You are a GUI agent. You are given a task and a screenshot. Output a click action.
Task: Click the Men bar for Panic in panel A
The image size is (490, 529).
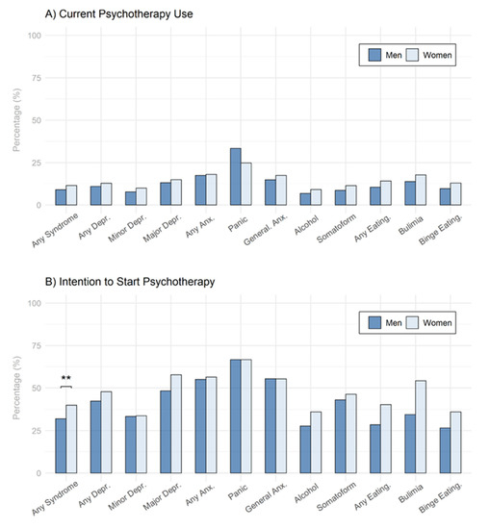[235, 177]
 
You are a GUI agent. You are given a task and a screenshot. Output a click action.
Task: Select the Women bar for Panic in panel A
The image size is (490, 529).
[246, 184]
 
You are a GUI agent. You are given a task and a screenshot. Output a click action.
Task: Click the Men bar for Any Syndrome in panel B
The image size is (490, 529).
[61, 445]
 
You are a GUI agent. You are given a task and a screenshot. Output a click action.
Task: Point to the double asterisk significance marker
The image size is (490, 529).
[66, 379]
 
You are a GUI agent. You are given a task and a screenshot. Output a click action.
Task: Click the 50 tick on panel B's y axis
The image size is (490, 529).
[36, 388]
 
